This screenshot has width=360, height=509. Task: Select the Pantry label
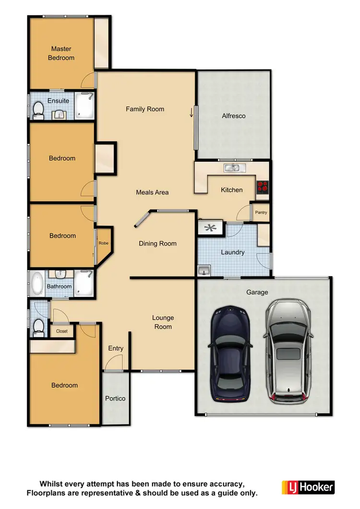point(261,213)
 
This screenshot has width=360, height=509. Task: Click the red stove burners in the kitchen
point(262,187)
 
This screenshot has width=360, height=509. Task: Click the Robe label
point(104,243)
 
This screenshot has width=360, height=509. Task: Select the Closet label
point(62,331)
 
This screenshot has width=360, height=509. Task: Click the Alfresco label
point(234,116)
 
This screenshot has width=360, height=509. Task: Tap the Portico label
point(115,399)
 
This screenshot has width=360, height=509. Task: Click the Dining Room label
point(157,243)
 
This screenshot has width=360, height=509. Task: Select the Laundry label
point(233,252)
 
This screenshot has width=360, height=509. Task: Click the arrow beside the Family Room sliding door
point(192,113)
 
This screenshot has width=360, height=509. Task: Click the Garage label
point(257,292)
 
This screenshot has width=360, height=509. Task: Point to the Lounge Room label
point(163,322)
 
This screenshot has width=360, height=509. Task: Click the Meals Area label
point(152,192)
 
